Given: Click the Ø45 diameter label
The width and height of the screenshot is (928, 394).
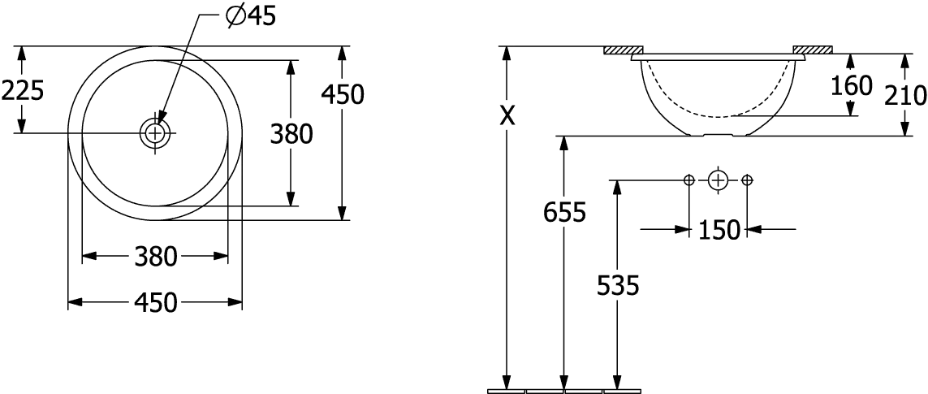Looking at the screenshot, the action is [x=251, y=17].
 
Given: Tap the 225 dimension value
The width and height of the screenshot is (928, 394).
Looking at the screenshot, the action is [x=23, y=91].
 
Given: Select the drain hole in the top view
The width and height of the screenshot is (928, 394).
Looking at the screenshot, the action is [x=155, y=132].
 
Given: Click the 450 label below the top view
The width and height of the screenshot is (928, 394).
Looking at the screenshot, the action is [x=156, y=303].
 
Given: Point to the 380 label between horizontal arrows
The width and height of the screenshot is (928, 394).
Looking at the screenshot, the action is [x=156, y=257].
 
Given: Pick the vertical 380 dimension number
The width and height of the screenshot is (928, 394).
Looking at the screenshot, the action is [x=291, y=135].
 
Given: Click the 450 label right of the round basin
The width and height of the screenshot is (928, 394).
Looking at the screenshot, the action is [x=342, y=94].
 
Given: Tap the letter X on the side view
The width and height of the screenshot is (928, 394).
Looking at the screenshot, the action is [x=507, y=117].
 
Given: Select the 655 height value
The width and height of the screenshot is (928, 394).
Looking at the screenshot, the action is [x=564, y=212].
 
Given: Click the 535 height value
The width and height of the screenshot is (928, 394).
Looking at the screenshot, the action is [x=618, y=287].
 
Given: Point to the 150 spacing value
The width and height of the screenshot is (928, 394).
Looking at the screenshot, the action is [x=719, y=230].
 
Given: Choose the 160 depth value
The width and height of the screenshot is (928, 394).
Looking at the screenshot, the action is [x=852, y=86].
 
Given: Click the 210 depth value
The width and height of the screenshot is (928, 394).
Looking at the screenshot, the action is [x=905, y=95].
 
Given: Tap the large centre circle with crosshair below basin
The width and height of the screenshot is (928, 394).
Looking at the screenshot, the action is [x=718, y=180].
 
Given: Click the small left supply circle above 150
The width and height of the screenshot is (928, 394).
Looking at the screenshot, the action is [x=689, y=180].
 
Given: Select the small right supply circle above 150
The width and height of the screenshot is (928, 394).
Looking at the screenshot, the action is [x=747, y=180].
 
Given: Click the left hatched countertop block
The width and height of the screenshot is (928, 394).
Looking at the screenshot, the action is [x=624, y=50].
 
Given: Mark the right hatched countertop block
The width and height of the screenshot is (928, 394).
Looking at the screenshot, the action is [x=814, y=50].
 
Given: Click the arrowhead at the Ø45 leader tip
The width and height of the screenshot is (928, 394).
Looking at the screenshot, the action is [x=161, y=115].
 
